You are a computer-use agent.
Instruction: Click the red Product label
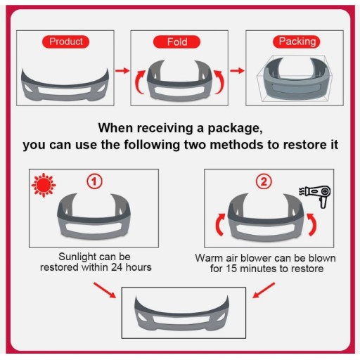[x=65, y=41]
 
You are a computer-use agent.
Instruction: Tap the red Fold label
[x=176, y=42]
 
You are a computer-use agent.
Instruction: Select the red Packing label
[x=297, y=41]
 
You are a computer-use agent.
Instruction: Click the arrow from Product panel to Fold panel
[x=122, y=70]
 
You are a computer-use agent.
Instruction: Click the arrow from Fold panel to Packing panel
[x=237, y=70]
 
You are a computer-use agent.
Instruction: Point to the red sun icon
[x=44, y=185]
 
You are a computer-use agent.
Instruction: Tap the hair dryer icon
[x=315, y=196]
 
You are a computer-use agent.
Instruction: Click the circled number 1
[x=94, y=181]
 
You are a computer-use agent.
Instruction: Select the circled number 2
[x=264, y=181]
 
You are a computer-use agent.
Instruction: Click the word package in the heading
[x=235, y=129]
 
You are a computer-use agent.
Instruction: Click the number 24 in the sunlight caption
[x=117, y=267]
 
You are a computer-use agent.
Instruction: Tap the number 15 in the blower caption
[x=231, y=269]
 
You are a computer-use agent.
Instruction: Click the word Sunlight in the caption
[x=77, y=257]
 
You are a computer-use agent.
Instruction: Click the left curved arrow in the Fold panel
[x=140, y=82]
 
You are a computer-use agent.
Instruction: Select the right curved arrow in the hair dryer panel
[x=312, y=224]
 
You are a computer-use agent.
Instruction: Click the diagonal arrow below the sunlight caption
[x=105, y=290]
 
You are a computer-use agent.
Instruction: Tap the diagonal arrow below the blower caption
[x=264, y=290]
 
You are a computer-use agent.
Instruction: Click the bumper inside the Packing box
[x=296, y=79]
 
